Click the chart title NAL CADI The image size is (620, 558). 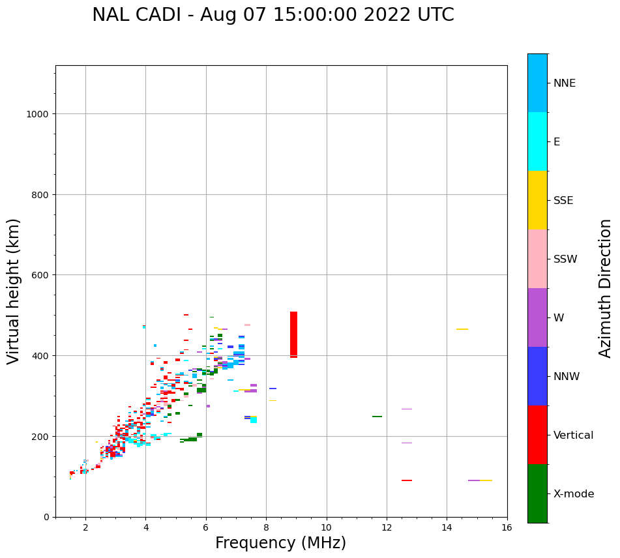coord(273,15)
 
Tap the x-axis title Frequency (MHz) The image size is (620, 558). coord(280,543)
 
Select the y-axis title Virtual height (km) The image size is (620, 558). coord(14,291)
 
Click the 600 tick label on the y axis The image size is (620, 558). coord(38,275)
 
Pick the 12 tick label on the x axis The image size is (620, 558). coord(387,528)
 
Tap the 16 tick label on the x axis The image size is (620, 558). coord(507,528)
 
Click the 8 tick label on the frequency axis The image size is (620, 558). coord(266,528)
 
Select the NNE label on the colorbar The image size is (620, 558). coord(565,83)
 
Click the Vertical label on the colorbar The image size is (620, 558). coord(573,435)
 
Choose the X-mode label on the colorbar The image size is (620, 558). coord(574,494)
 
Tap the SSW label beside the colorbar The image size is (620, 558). coord(565,259)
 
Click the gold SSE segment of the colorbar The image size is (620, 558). coord(537,200)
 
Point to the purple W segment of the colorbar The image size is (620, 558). coord(537,317)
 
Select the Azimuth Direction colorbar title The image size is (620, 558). coord(606,288)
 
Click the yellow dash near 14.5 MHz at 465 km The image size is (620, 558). coord(462,329)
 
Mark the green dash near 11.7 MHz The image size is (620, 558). coord(377,416)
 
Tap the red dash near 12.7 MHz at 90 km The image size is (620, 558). coord(407,480)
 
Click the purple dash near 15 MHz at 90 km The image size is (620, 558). coord(474,480)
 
